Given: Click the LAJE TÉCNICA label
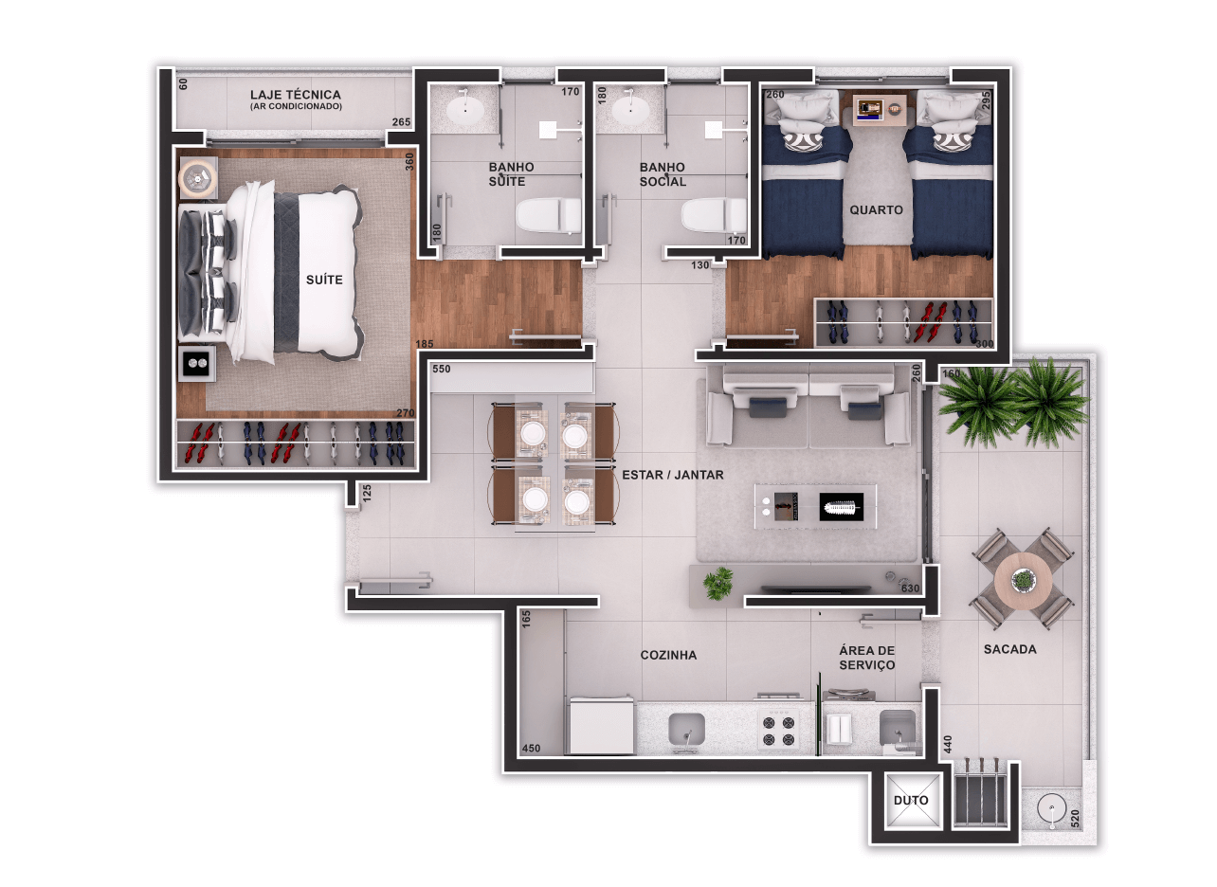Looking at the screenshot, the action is [x=296, y=95].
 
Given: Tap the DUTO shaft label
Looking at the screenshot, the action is [x=911, y=800].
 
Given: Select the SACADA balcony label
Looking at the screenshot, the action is [x=1010, y=649].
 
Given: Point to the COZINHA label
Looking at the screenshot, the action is [x=668, y=655].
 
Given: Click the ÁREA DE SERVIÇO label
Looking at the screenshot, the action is [x=866, y=658].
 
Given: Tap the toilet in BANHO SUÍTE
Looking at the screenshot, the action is [x=548, y=216].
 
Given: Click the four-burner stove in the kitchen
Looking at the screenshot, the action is [x=778, y=731].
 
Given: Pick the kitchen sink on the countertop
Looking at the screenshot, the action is [x=687, y=730].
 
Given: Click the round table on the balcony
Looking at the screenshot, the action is [x=1023, y=581].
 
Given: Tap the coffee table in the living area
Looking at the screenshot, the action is [x=815, y=506].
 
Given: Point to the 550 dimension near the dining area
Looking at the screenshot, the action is [x=441, y=370].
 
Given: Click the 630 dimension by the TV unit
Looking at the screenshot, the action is [x=910, y=588].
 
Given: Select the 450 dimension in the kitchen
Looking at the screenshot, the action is [x=531, y=749].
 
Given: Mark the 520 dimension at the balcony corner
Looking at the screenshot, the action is [x=1075, y=818].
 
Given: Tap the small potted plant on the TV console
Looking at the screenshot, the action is [x=718, y=583].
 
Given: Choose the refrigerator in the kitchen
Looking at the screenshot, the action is [x=602, y=725].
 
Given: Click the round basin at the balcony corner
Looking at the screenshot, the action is [x=1052, y=808].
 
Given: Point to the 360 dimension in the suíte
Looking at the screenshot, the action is [x=409, y=161].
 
